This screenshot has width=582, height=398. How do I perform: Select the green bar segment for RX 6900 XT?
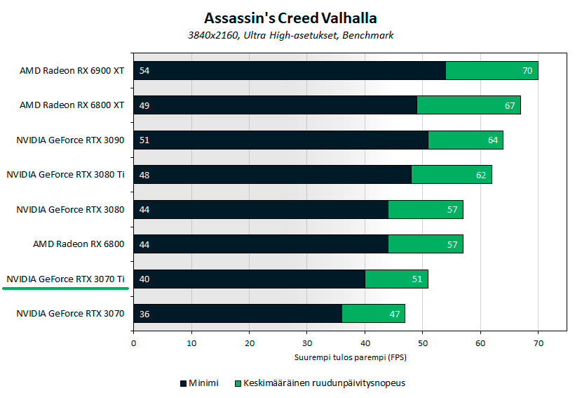tap(491, 70)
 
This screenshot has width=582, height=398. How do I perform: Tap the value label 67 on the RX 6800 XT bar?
tap(510, 105)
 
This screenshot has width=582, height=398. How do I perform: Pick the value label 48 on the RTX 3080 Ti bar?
tap(144, 175)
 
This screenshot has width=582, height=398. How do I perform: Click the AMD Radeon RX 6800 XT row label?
tap(72, 105)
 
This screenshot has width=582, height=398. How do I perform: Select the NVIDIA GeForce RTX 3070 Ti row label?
tap(65, 279)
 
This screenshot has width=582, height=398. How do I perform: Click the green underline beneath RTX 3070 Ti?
tap(65, 288)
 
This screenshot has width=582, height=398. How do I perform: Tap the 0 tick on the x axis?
tap(133, 344)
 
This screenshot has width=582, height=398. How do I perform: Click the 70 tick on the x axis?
tap(538, 344)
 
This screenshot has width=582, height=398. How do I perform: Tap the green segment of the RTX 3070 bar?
tap(372, 313)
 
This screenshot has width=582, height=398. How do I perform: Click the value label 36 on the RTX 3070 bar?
tap(144, 313)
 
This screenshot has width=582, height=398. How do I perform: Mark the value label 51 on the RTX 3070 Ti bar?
tap(417, 279)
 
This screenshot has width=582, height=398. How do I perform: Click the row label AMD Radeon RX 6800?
tap(79, 244)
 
